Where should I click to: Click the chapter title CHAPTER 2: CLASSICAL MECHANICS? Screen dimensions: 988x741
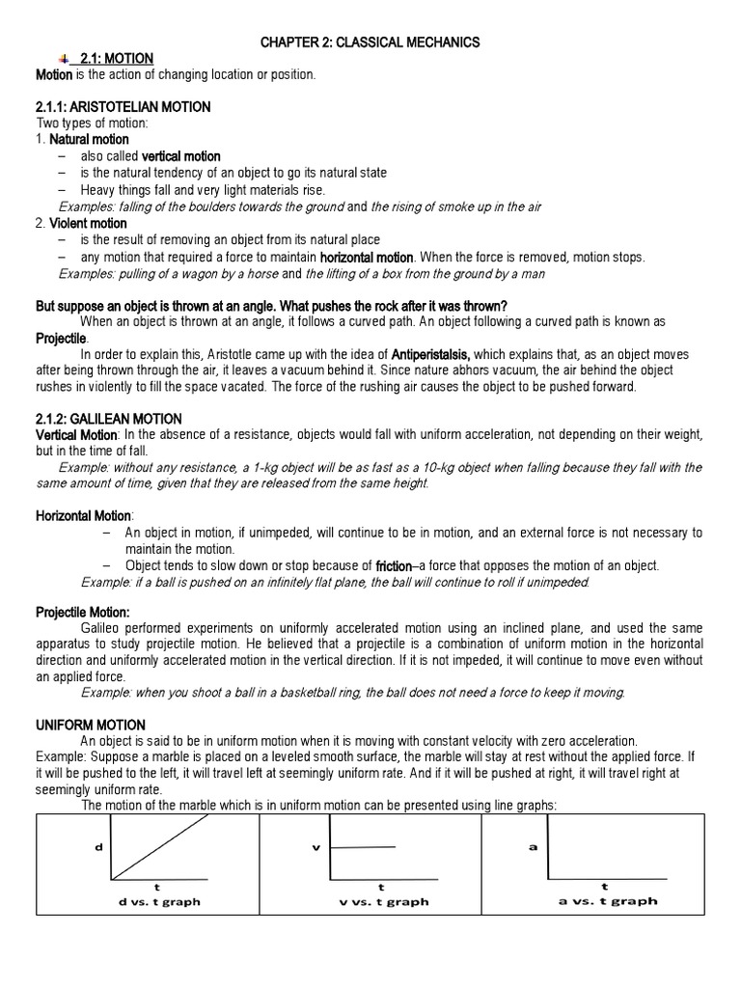(x=370, y=42)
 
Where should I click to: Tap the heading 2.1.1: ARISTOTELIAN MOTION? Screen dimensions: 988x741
(x=123, y=107)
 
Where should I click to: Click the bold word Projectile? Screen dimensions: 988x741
(x=61, y=339)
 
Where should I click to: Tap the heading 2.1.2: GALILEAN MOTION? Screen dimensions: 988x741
(x=108, y=419)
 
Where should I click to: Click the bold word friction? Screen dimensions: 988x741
(x=394, y=565)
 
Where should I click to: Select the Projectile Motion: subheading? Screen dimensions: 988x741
(x=83, y=612)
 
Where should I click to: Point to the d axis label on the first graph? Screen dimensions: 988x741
(x=98, y=847)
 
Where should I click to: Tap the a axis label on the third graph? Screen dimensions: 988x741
(x=533, y=847)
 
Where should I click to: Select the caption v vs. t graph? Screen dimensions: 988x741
(x=381, y=902)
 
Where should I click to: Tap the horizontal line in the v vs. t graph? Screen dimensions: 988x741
(x=364, y=847)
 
